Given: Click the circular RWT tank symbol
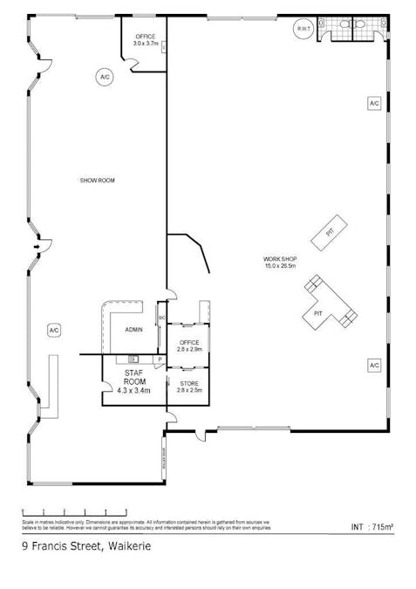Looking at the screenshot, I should click(303, 30).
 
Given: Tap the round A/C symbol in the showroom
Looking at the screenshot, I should click(105, 78).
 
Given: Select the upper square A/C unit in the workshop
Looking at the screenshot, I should click(374, 103).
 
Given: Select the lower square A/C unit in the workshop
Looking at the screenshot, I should click(374, 364).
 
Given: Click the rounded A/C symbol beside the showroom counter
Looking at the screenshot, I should click(53, 330).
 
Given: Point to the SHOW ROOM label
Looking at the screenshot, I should click(98, 181).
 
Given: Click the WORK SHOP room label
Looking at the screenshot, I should click(281, 259).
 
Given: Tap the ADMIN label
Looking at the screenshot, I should click(133, 330).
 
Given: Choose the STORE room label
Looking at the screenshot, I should click(189, 383).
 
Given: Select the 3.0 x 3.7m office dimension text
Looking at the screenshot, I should click(146, 43).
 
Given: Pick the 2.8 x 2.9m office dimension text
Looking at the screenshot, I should click(189, 349).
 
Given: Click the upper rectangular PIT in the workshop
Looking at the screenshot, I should click(330, 231).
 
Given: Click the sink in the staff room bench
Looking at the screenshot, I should click(133, 359).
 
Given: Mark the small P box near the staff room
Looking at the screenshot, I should click(160, 359).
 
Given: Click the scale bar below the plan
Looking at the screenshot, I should click(74, 511).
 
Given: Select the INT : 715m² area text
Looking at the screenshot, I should click(372, 527).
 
